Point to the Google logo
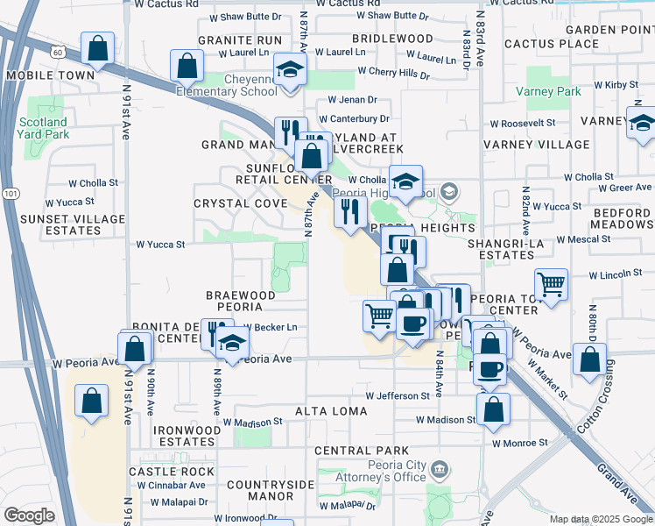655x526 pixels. (x=29, y=515)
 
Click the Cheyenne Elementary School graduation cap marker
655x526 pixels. (x=288, y=71)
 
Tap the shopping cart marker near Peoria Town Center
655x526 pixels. (x=551, y=284)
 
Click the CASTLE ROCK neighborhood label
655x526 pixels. (x=171, y=471)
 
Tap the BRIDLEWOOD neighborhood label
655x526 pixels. (x=392, y=39)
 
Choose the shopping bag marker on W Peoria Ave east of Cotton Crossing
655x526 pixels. (x=591, y=360)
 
